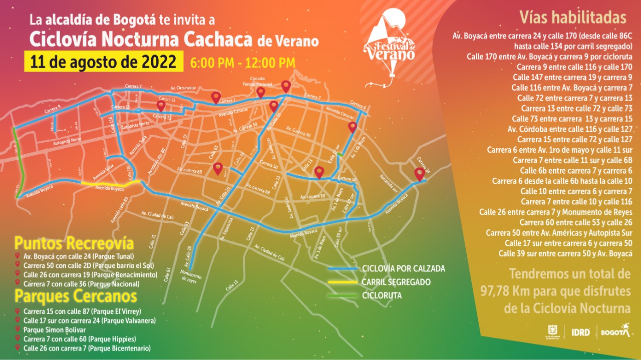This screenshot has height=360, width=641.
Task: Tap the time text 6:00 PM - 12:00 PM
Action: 242,63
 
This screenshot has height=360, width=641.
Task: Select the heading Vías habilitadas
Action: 573,18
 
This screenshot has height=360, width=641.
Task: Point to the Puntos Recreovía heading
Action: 74,244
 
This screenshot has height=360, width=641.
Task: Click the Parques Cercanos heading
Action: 76,296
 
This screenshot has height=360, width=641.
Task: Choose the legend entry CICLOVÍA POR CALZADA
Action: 403,269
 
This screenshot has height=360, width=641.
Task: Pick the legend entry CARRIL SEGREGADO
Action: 396,282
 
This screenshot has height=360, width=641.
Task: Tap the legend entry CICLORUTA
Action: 382,295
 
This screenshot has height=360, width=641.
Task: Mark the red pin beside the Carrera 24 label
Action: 420,173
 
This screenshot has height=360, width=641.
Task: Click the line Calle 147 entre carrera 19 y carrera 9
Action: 572,77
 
